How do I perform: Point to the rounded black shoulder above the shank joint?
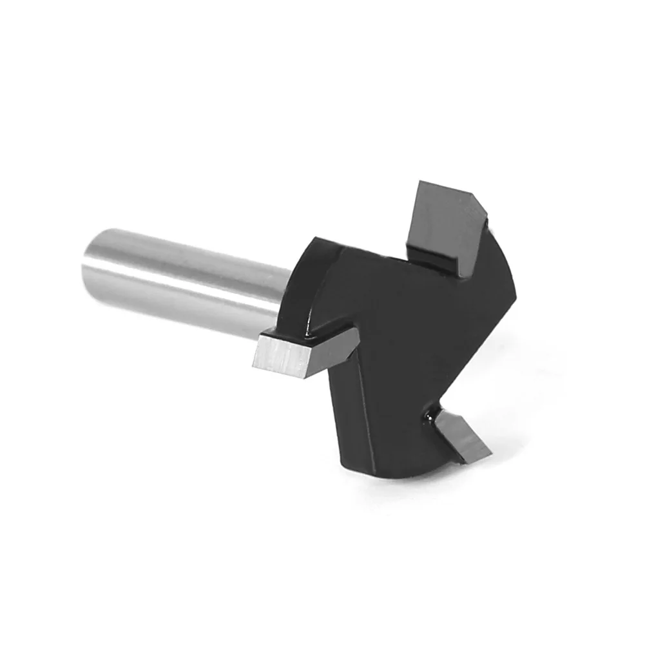pos(316,248)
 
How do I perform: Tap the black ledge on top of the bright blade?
pos(309,332)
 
